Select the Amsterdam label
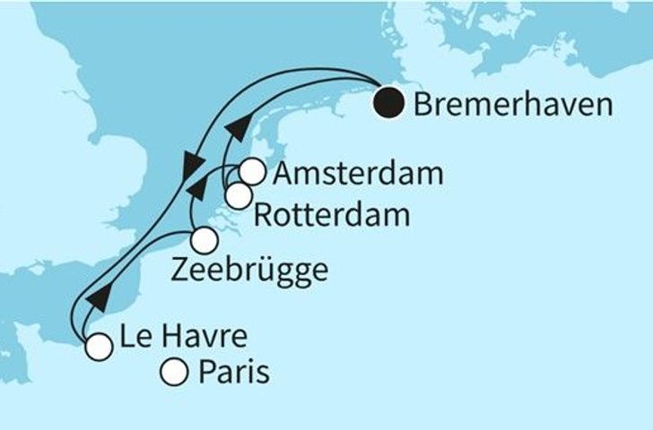pyautogui.click(x=358, y=174)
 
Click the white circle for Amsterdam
pyautogui.click(x=253, y=171)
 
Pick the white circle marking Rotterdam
pyautogui.click(x=238, y=195)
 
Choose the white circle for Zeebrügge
pyautogui.click(x=205, y=240)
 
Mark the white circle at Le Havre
pyautogui.click(x=98, y=347)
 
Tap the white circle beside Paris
pyautogui.click(x=174, y=370)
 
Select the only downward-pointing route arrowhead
pyautogui.click(x=190, y=165)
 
